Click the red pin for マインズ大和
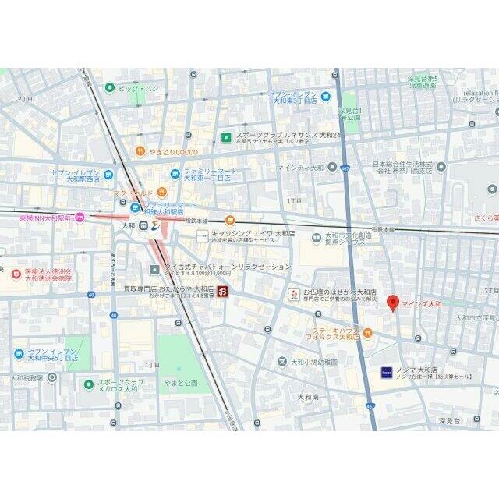393,303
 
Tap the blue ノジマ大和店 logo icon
386,373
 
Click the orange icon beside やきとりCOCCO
140,151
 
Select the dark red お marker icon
223,292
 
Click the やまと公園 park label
182,383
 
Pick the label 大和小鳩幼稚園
314,362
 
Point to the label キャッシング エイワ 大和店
253,233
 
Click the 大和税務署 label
27,378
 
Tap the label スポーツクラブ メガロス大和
121,386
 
